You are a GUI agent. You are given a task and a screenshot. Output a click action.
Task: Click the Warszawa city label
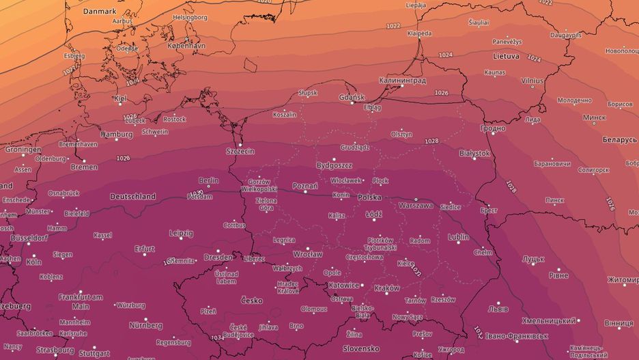pos(416,204)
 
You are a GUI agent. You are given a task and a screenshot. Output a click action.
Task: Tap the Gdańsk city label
pos(352,98)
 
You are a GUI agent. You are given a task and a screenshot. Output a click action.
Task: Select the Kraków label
pos(387,288)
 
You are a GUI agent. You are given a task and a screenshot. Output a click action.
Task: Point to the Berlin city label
pos(208,181)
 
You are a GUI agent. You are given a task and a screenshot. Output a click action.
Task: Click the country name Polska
pos(369,197)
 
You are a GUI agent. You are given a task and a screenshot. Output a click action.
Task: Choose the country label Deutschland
pos(132,197)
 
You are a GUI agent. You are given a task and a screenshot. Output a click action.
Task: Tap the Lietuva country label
pos(505,56)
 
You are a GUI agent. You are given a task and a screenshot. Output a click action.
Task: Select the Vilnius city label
pos(532,81)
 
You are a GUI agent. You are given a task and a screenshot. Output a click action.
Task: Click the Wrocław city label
pos(307,254)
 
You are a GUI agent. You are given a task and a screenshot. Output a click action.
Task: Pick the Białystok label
pos(475,154)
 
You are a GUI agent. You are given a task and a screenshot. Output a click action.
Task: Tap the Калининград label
pos(403,81)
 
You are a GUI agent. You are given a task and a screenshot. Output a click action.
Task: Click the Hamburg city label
pos(116,135)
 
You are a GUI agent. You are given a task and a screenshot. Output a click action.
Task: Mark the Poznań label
pos(304,186)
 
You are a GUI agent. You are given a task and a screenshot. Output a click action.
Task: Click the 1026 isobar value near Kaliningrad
pos(442,93)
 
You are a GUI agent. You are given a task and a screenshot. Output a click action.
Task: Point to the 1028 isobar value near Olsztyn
pos(431,141)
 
